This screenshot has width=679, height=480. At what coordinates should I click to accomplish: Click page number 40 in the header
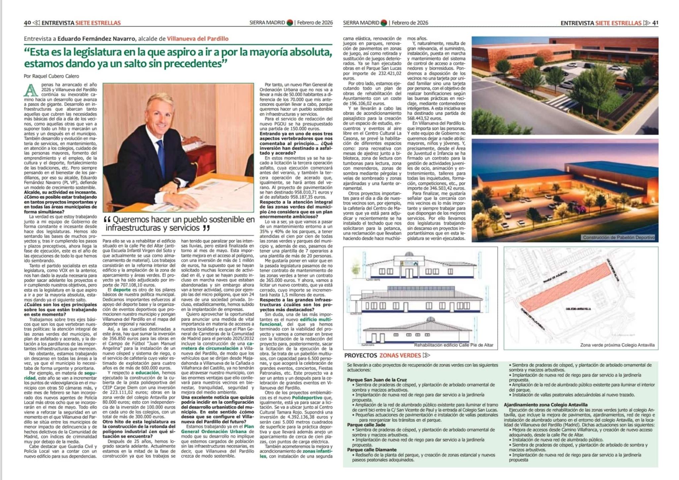pos(27,23)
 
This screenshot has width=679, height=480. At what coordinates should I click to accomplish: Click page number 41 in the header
pos(655,23)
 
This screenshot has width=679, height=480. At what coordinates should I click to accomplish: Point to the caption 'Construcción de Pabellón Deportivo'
pos(619,237)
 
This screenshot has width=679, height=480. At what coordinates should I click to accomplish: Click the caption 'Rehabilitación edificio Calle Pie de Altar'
pos(454,345)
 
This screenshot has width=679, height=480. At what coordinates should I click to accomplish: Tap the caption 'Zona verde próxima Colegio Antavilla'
pos(617,345)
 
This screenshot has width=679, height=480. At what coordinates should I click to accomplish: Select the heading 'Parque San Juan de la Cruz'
pos(377,380)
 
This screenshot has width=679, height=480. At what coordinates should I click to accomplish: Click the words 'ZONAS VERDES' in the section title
pos(400,355)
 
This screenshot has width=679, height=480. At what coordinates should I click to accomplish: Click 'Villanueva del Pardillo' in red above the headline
pos(198,38)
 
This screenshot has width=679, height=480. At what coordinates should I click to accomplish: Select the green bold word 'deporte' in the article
pos(122,289)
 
